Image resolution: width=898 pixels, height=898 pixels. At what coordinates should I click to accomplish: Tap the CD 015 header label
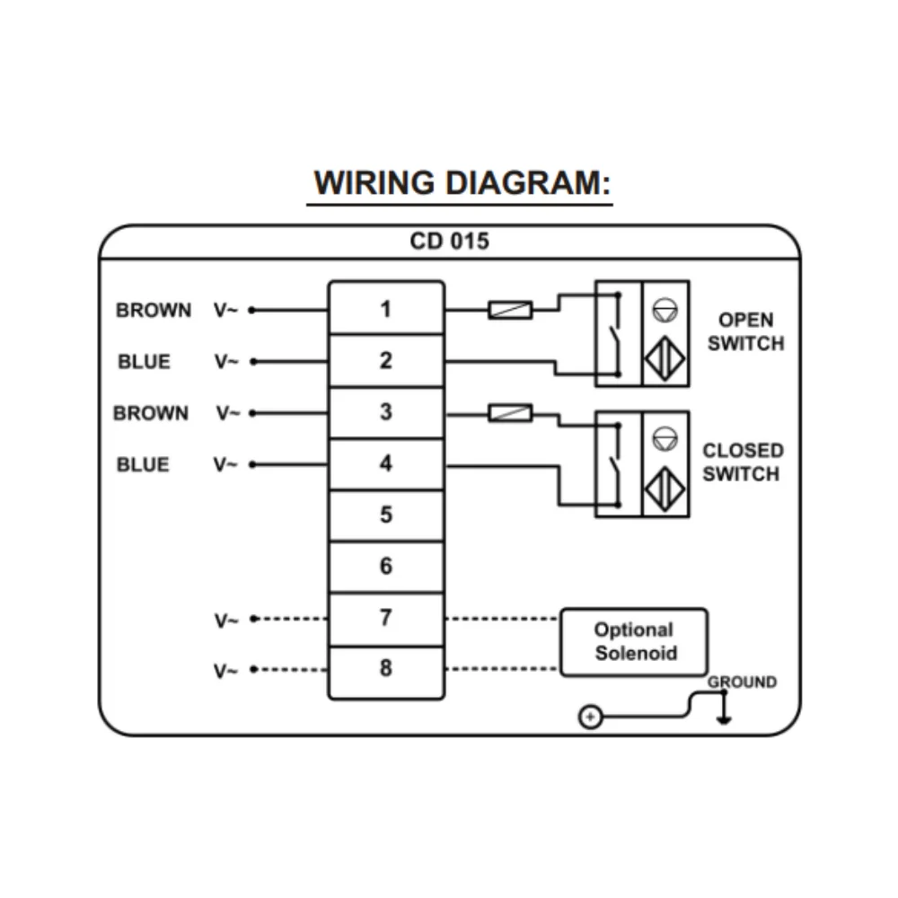450,242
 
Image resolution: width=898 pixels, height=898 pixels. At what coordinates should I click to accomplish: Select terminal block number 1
386,310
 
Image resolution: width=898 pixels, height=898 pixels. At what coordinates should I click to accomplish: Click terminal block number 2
386,361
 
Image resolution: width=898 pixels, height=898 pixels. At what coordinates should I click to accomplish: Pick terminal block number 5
386,515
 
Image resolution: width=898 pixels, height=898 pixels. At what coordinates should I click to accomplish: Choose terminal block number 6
386,567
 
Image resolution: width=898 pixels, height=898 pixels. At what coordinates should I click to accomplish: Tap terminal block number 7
386,618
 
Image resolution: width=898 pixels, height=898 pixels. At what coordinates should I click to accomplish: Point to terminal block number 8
386,669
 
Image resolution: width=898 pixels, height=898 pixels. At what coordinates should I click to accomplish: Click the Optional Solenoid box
634,641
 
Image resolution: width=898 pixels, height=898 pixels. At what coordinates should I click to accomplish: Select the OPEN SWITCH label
745,331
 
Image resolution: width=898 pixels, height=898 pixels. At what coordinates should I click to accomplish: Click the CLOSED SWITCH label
743,462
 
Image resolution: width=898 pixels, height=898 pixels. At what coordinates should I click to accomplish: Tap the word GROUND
742,682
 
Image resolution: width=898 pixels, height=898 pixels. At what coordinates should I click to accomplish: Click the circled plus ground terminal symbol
589,718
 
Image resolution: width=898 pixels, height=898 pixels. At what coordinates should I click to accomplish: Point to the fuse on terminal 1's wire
510,311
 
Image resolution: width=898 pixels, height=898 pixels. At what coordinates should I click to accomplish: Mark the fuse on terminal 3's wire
510,413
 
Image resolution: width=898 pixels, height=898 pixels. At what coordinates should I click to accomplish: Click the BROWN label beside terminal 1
154,311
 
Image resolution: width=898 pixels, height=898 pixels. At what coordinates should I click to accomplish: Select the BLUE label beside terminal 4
143,465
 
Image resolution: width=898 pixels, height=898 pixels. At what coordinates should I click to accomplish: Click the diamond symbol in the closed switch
665,490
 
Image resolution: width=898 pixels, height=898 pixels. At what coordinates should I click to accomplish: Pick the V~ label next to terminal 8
226,671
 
